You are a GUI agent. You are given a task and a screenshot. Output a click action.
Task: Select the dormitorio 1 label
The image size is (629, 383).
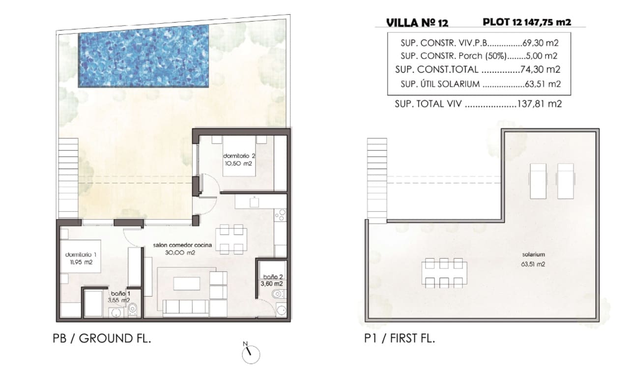(x=81, y=259)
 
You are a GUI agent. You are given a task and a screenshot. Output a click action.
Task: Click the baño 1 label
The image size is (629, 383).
(x=118, y=296)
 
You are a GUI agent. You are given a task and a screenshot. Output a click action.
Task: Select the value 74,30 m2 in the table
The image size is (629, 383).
(x=541, y=69)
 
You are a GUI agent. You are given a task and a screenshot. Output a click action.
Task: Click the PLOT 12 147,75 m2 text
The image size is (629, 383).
(x=527, y=22)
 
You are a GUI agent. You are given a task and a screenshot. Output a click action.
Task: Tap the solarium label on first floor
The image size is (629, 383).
(x=534, y=259)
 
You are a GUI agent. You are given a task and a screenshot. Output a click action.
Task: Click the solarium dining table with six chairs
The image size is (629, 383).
(x=444, y=273)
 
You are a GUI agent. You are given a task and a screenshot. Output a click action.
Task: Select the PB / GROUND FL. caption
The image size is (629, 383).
(x=101, y=338)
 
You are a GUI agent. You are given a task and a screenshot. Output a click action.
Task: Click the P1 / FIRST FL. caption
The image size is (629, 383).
(x=397, y=338)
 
